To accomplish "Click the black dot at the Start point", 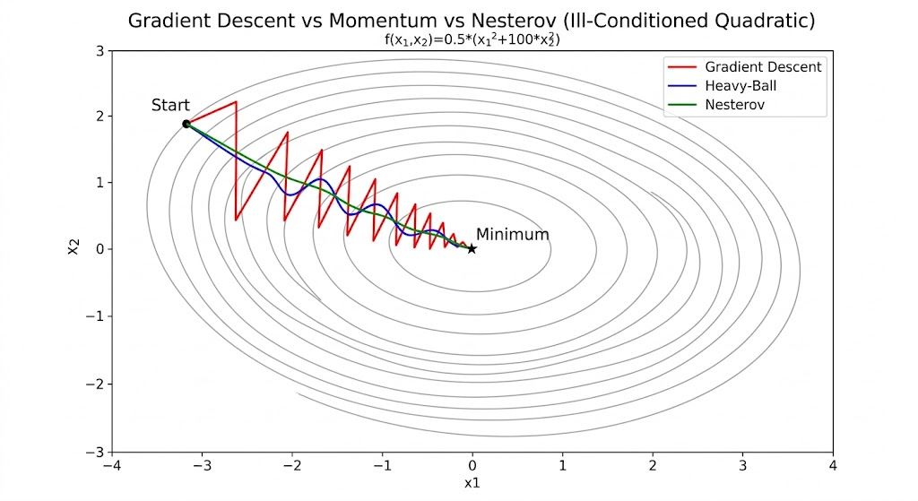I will tap(186, 124).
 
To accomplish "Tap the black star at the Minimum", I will tap(472, 248).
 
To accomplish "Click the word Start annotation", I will tap(170, 106).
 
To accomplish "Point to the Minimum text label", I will tap(512, 234).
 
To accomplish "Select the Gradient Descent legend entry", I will tap(763, 67).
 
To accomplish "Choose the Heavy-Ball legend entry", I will tap(740, 86).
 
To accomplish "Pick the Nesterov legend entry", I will tap(735, 105).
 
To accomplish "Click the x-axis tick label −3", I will tap(202, 466).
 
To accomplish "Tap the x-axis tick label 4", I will tap(833, 466).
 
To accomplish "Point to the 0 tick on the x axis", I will tap(472, 466).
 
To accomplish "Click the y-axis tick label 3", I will tap(101, 50).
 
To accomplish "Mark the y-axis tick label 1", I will tap(101, 183).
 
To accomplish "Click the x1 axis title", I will tap(472, 484).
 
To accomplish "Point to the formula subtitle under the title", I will tap(472, 39).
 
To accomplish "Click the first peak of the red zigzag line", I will tap(236, 101).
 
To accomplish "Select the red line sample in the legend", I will tap(681, 67).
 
